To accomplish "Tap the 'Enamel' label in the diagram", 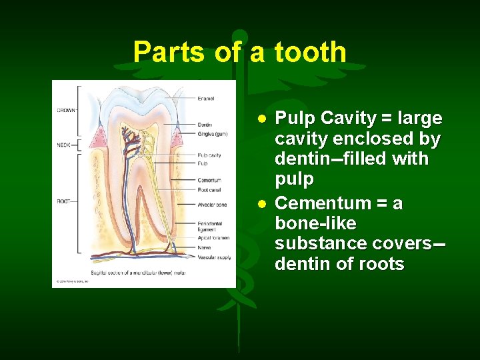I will (x=206, y=99).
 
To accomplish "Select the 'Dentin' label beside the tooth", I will (x=205, y=125).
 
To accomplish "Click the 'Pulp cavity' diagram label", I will (x=209, y=155).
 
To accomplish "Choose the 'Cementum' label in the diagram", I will (x=209, y=179).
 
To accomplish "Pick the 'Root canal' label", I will (x=209, y=189).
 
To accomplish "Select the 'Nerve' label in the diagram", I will (x=204, y=247).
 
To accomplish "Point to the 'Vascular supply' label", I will (x=213, y=256).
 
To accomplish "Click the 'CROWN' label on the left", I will (x=65, y=110).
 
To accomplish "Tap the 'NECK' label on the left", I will (x=63, y=144).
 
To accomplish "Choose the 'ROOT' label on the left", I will (x=63, y=200).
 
